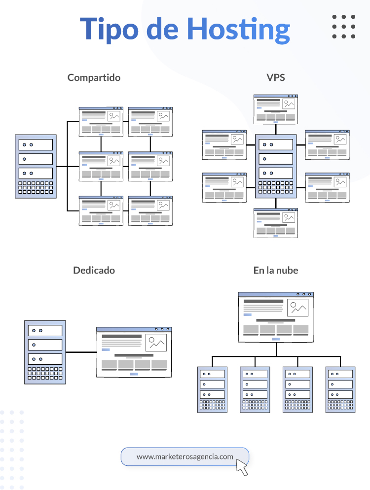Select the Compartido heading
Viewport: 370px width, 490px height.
[94, 77]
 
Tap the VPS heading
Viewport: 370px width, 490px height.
[275, 77]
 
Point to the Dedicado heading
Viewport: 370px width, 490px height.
[94, 270]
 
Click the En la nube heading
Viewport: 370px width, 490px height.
[276, 270]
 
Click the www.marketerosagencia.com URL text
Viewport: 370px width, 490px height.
[185, 456]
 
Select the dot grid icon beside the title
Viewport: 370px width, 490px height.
[343, 27]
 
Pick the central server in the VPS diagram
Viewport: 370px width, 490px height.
[276, 166]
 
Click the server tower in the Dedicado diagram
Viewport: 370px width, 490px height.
[45, 352]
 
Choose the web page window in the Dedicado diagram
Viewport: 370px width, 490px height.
[134, 352]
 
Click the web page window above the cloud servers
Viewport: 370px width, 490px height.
[276, 317]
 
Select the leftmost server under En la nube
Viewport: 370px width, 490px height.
[212, 389]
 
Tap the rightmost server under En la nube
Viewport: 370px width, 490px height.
[340, 389]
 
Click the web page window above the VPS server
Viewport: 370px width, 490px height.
[276, 109]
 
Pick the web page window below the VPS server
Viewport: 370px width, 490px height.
[276, 223]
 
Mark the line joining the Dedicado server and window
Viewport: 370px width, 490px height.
[80, 352]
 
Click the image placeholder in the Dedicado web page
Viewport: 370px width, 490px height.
[156, 343]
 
